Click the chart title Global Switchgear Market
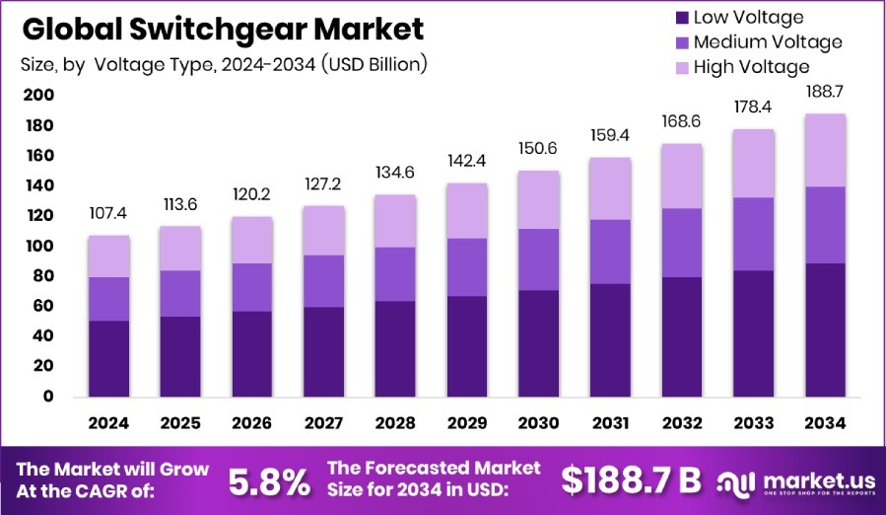(223, 29)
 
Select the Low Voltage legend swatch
(682, 17)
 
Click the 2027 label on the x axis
(324, 423)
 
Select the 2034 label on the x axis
(826, 423)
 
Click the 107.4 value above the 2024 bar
(108, 214)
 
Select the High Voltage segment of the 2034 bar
(826, 150)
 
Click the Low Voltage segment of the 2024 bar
(108, 358)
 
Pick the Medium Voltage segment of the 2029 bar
(467, 266)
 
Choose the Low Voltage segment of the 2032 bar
(682, 336)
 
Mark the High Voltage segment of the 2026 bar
(252, 240)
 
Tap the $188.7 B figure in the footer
(631, 479)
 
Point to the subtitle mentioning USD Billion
(223, 65)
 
